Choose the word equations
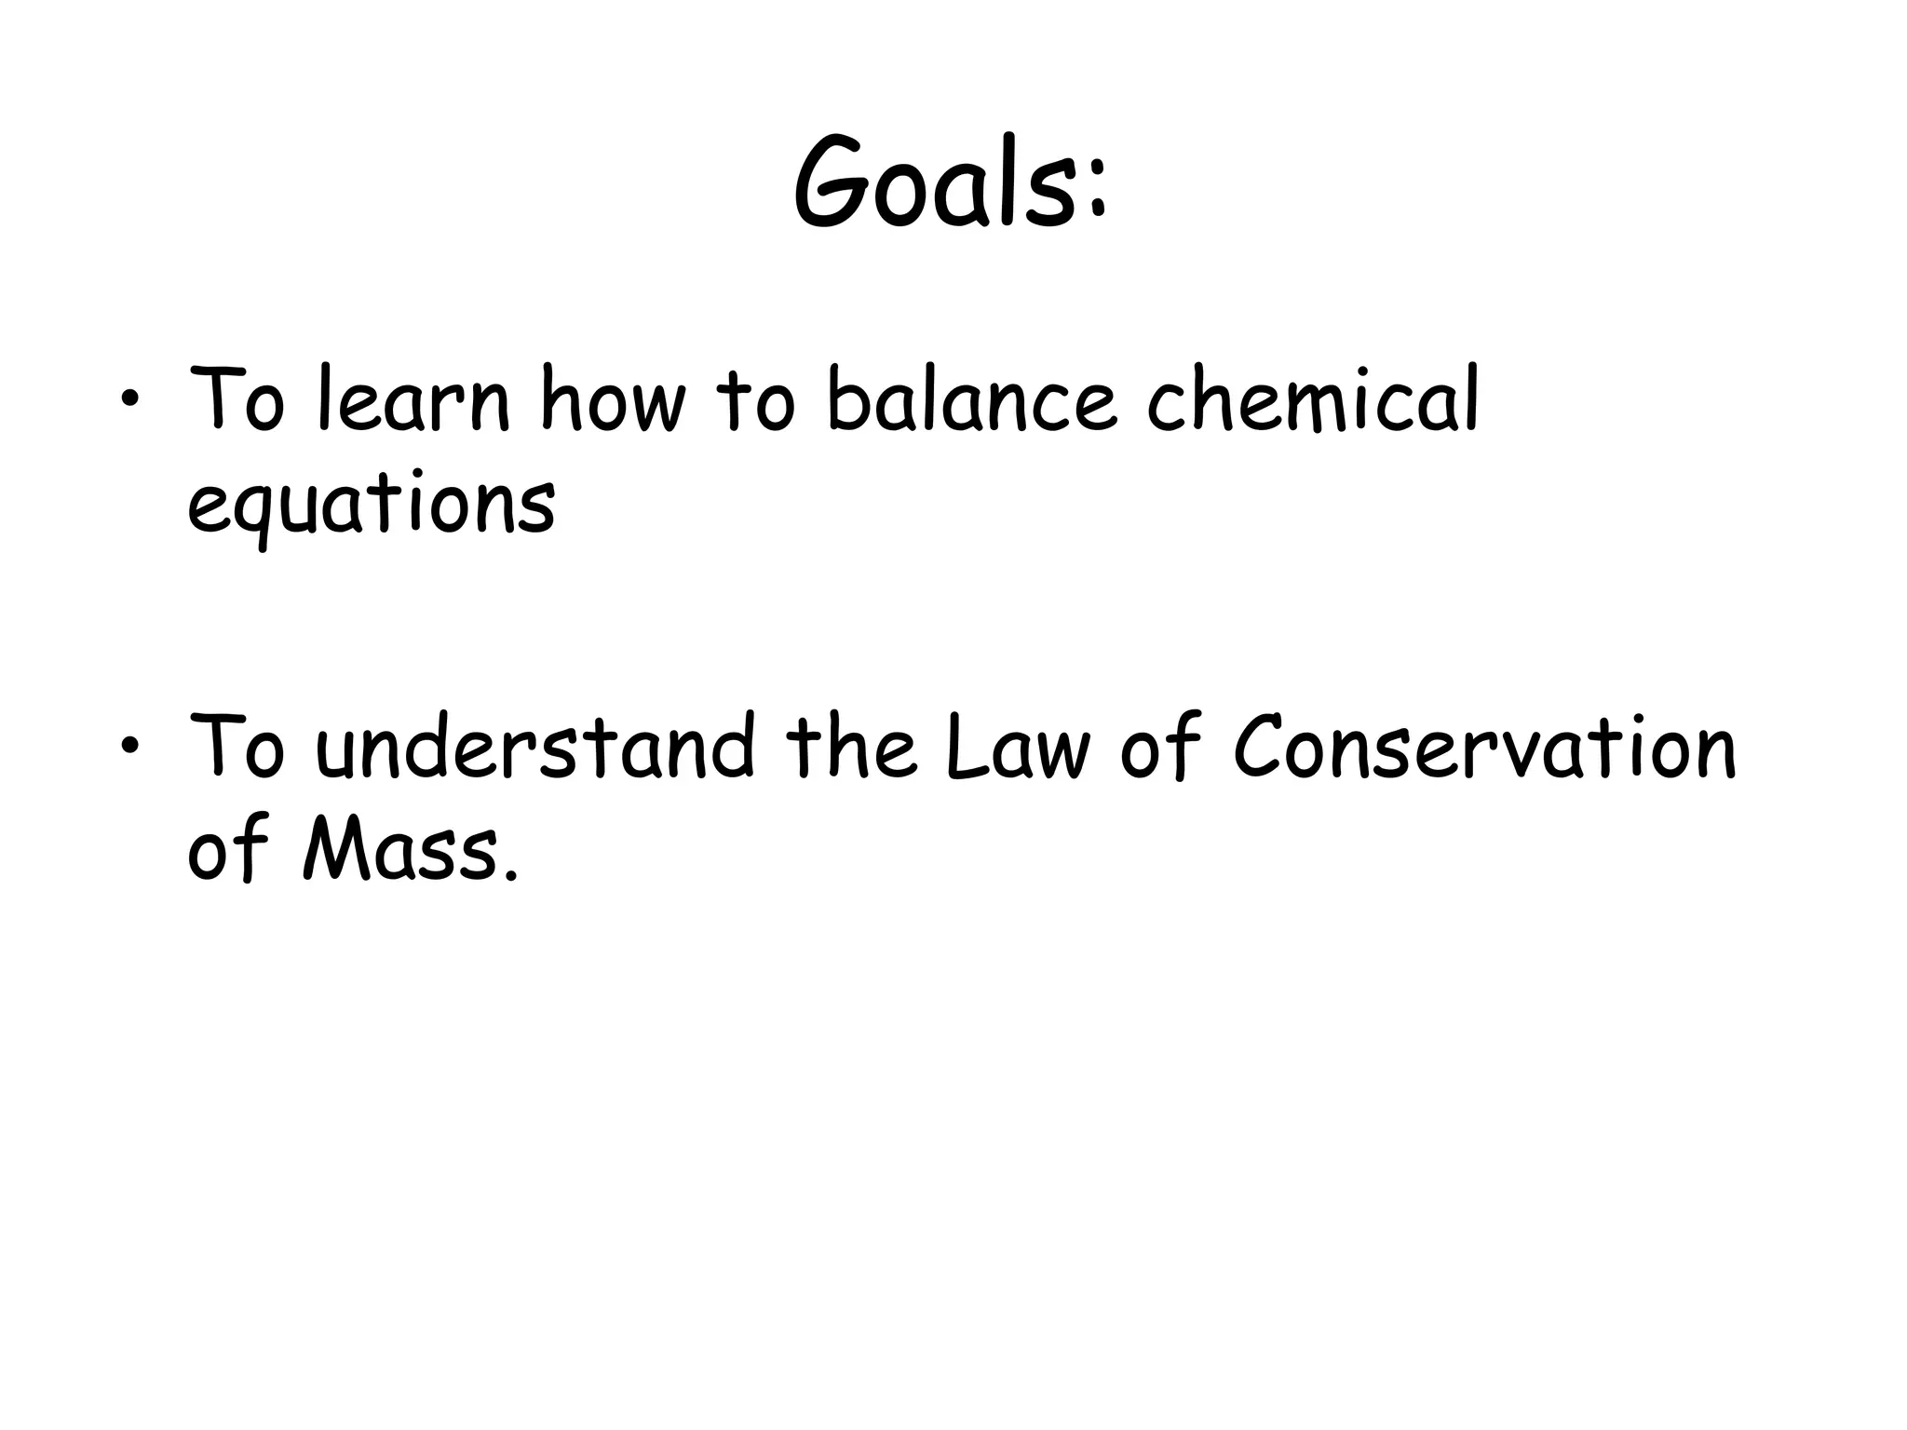[371, 507]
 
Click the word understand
[534, 748]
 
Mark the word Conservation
[1484, 748]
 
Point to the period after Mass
[508, 875]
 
